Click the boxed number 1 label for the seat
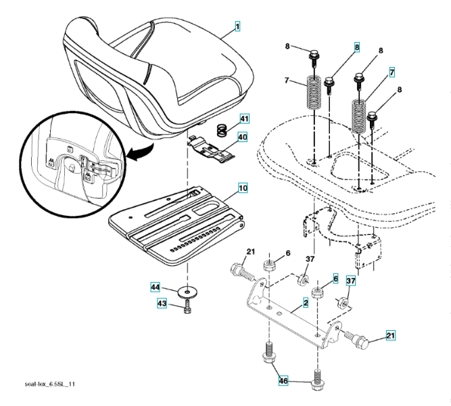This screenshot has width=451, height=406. click(237, 26)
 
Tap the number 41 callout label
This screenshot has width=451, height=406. click(244, 119)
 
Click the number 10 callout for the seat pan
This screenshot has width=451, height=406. click(242, 185)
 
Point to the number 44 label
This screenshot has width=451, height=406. click(155, 288)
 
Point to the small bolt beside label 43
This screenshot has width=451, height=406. click(187, 309)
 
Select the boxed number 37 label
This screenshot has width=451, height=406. click(351, 280)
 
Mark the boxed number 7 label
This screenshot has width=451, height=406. click(391, 71)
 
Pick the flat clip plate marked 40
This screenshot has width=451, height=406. click(212, 150)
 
